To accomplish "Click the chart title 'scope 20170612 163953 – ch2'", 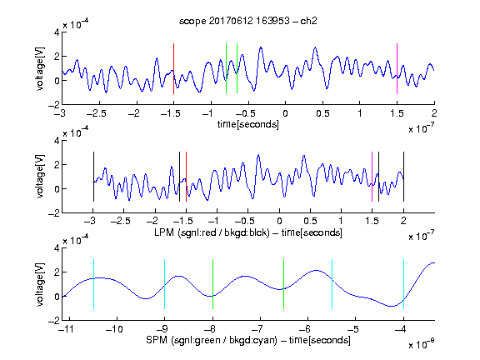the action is [x=248, y=21].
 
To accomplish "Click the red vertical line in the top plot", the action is [x=173, y=68].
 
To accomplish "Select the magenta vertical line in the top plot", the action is [x=397, y=68].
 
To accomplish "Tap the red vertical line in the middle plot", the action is [x=186, y=177].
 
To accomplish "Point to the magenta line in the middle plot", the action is [x=372, y=177].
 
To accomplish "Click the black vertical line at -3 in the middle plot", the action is [x=93, y=177].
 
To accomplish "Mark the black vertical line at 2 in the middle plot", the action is [x=403, y=177].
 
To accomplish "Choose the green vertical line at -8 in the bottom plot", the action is [x=212, y=284].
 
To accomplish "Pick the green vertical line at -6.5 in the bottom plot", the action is [x=284, y=284].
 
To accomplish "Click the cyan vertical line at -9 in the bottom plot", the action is [x=165, y=284].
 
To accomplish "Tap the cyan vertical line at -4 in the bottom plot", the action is [x=403, y=284].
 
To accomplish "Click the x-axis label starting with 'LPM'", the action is [x=248, y=232].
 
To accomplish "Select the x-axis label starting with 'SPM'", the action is [x=248, y=340].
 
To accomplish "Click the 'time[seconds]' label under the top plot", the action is [x=248, y=124].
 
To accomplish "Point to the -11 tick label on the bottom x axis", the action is [x=66, y=329].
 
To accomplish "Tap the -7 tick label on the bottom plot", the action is [x=259, y=329].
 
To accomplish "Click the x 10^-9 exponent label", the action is [x=422, y=344].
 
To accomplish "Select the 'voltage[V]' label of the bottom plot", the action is [x=40, y=284].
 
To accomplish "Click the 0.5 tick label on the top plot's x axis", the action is [x=322, y=113].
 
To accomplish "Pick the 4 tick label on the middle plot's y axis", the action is [x=57, y=141].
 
